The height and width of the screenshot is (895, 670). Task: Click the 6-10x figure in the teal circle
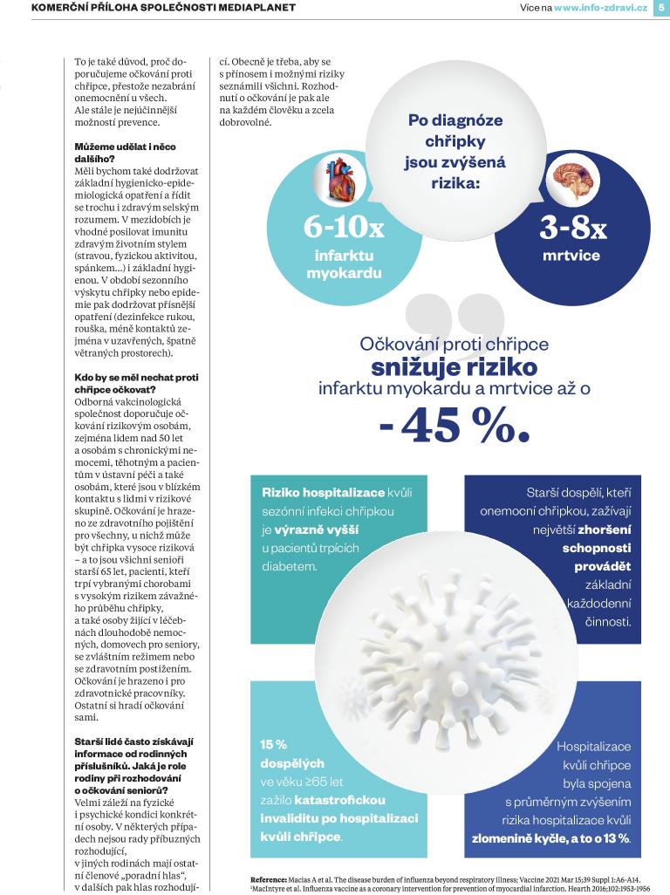click(344, 228)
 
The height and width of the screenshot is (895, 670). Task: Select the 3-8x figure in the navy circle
click(573, 228)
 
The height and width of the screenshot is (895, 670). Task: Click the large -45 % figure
click(455, 425)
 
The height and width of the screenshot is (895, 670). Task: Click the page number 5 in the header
click(660, 8)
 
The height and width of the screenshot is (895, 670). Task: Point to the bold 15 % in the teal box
click(274, 745)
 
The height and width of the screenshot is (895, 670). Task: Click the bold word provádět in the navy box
click(606, 567)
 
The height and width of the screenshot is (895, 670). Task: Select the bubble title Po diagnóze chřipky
click(455, 131)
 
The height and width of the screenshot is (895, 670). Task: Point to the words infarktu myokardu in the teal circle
click(344, 264)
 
